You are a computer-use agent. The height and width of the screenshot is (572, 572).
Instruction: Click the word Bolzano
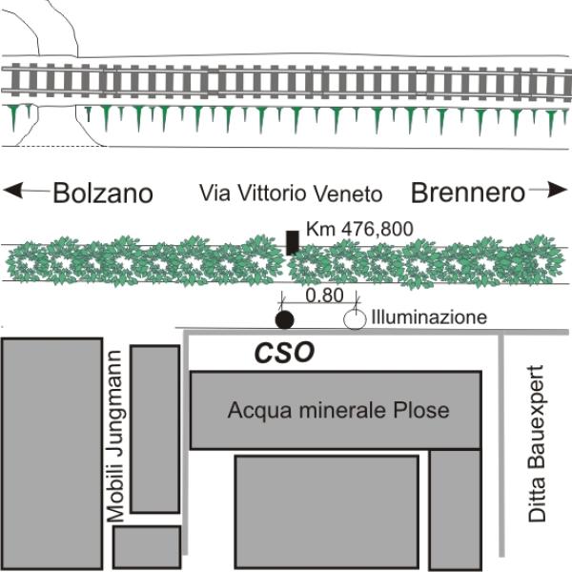pyautogui.click(x=103, y=193)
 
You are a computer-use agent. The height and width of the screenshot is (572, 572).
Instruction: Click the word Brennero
pyautogui.click(x=467, y=193)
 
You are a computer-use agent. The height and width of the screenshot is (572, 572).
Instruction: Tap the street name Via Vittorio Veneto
pyautogui.click(x=291, y=194)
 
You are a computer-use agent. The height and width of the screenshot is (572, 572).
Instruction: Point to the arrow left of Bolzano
pyautogui.click(x=27, y=192)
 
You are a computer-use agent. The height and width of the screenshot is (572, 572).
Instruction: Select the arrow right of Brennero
pyautogui.click(x=547, y=192)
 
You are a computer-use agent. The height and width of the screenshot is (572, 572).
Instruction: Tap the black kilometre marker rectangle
pyautogui.click(x=292, y=242)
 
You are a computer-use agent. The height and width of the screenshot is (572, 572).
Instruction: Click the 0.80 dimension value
pyautogui.click(x=327, y=296)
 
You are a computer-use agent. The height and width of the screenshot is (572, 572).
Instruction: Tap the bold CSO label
pyautogui.click(x=284, y=354)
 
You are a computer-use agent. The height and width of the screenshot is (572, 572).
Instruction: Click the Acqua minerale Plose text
pyautogui.click(x=337, y=411)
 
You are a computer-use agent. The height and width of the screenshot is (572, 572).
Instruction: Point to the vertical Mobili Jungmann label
pyautogui.click(x=115, y=434)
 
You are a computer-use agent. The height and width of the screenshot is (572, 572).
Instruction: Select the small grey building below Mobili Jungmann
pyautogui.click(x=147, y=546)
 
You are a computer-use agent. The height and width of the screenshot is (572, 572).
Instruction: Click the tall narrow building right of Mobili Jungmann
pyautogui.click(x=154, y=429)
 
